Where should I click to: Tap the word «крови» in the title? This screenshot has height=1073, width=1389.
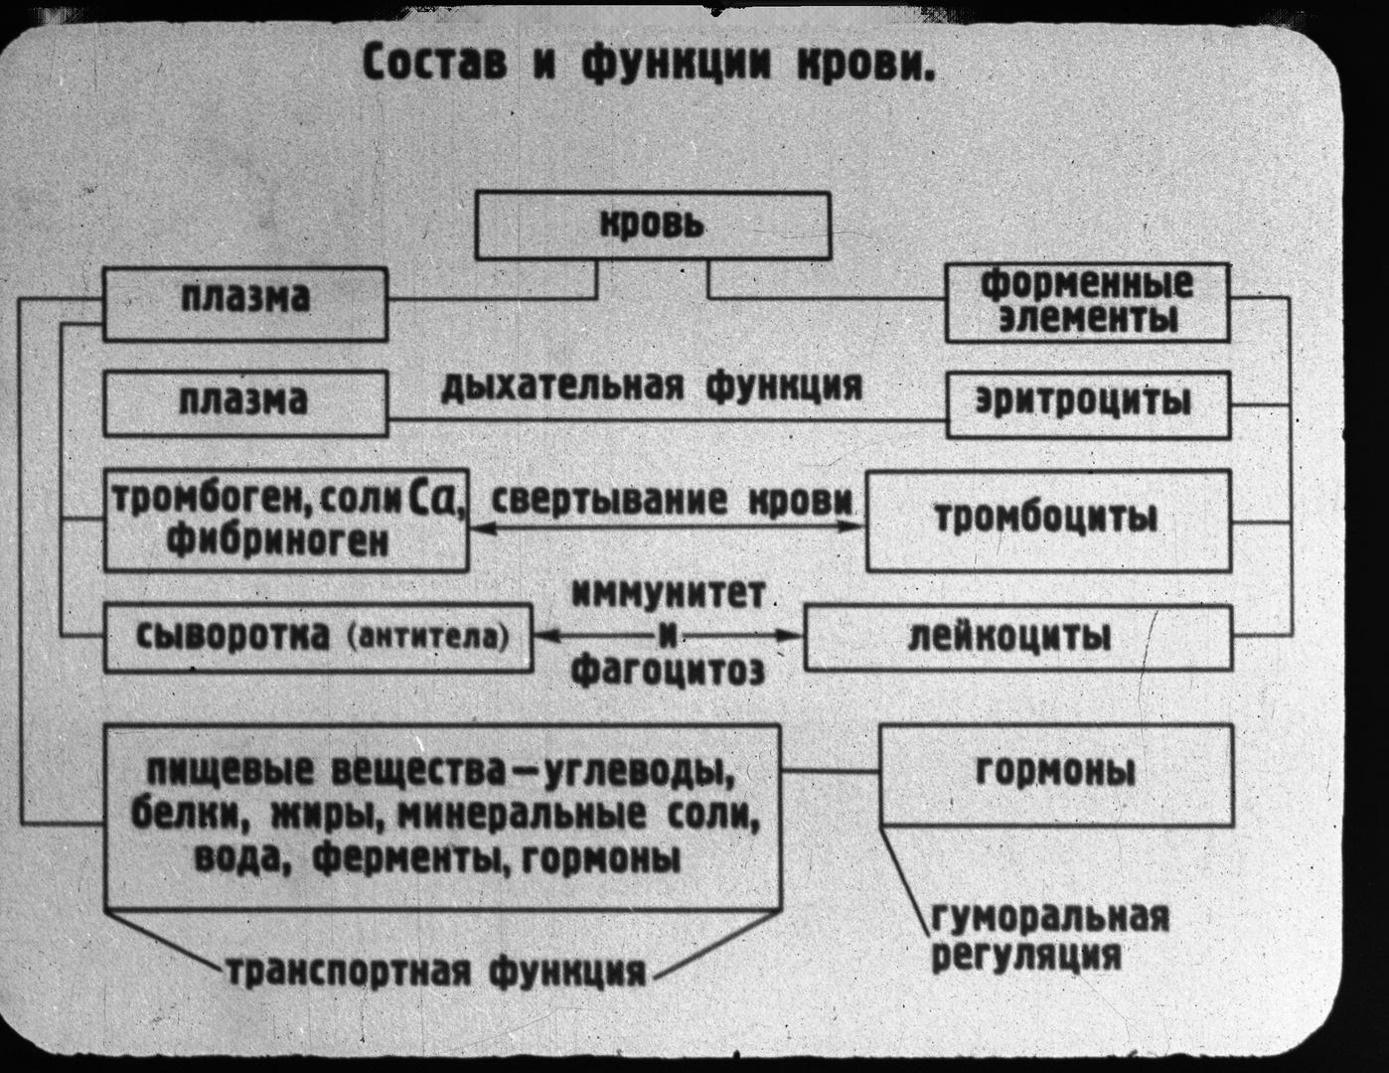tap(865, 65)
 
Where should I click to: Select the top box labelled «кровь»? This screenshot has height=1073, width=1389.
tap(653, 226)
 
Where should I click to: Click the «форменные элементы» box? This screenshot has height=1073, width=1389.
tap(1087, 302)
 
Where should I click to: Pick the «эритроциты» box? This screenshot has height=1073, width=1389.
tap(1088, 403)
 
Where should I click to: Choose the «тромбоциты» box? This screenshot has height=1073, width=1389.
tap(1047, 520)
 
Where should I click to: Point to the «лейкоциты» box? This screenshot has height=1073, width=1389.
tap(1017, 637)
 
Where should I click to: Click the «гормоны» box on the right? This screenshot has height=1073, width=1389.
tap(1056, 774)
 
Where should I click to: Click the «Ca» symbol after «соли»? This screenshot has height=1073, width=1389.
tap(434, 498)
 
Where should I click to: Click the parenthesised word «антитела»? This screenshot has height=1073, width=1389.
tap(428, 637)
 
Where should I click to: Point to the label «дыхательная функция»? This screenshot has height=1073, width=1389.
tap(651, 385)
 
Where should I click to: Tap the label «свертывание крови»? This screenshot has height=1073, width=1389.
tap(674, 500)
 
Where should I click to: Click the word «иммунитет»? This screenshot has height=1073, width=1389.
tap(668, 595)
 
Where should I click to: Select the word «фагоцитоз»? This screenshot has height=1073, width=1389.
tap(668, 672)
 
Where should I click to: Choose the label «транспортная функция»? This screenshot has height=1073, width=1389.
tap(433, 970)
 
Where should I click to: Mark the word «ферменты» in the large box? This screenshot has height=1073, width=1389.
tap(408, 857)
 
